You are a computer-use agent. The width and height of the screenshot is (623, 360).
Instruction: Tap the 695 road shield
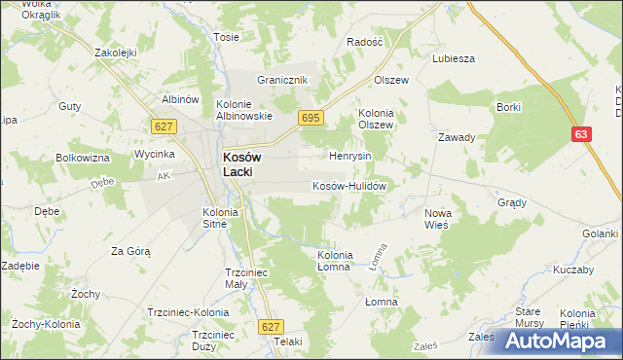click(x=310, y=118)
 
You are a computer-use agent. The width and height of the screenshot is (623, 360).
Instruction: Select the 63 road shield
click(x=581, y=136)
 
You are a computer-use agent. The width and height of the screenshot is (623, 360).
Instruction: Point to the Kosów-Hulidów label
click(x=350, y=186)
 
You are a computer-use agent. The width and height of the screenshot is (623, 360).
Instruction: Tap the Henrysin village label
click(x=350, y=156)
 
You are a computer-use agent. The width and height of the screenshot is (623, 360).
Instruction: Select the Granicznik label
click(x=282, y=80)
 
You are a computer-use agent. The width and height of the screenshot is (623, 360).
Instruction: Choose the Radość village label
click(x=366, y=43)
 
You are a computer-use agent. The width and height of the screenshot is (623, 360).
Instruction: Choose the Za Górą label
click(x=130, y=251)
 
